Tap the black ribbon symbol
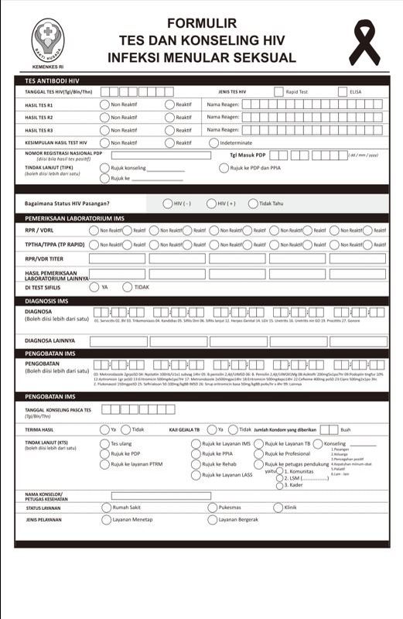pyautogui.click(x=364, y=42)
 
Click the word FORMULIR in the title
pyautogui.click(x=202, y=24)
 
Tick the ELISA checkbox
pyautogui.click(x=343, y=92)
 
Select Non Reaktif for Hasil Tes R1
pyautogui.click(x=104, y=104)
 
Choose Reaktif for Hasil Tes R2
pyautogui.click(x=169, y=118)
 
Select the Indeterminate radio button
pyautogui.click(x=214, y=142)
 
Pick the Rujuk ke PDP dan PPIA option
pyautogui.click(x=224, y=168)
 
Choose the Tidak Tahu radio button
pyautogui.click(x=253, y=203)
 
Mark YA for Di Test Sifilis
pyautogui.click(x=94, y=286)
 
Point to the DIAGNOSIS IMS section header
pyautogui.click(x=50, y=301)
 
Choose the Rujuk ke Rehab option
pyautogui.click(x=196, y=464)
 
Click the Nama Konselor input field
pyautogui.click(x=160, y=495)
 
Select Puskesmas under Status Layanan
pyautogui.click(x=212, y=508)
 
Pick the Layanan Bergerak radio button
pyautogui.click(x=212, y=520)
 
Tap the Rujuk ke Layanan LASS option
pyautogui.click(x=196, y=475)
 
